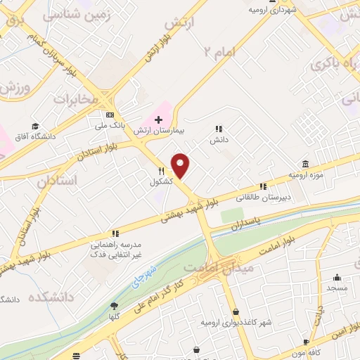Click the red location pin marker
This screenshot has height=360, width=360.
click(181, 166)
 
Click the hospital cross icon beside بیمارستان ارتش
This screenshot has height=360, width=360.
click(159, 120)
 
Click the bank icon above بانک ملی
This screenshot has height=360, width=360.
click(109, 115)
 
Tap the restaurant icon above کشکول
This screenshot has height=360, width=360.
click(161, 171)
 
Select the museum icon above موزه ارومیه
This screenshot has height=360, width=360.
click(304, 162)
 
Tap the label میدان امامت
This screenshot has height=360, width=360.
click(208, 268)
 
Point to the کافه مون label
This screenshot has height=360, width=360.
click(304, 351)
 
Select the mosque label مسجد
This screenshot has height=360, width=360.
click(337, 288)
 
